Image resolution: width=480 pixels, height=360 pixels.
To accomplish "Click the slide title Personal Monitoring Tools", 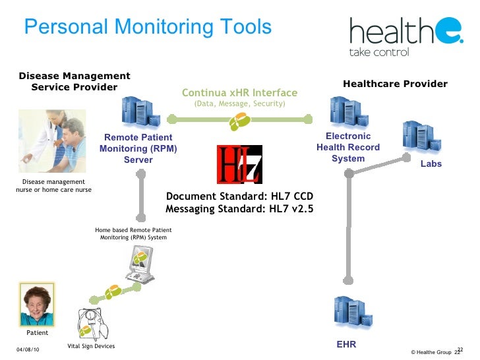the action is click(x=148, y=27).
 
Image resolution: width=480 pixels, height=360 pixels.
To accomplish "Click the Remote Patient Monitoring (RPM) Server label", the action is click(x=138, y=148).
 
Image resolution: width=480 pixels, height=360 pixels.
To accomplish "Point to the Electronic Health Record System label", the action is click(x=348, y=148).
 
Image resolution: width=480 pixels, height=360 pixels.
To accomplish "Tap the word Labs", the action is click(x=431, y=164).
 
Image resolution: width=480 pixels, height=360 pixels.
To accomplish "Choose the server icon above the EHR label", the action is click(x=347, y=315).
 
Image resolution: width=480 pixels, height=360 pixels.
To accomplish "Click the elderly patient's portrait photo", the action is click(x=38, y=305).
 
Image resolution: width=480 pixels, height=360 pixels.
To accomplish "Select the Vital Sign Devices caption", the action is click(x=91, y=346).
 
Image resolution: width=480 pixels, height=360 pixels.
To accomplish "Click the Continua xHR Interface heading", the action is click(x=239, y=93).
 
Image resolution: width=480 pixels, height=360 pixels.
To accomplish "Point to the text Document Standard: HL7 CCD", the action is click(x=239, y=196).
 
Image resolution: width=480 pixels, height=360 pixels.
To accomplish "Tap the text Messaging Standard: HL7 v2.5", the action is click(x=239, y=209).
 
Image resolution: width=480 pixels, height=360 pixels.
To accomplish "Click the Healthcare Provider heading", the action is click(x=395, y=84).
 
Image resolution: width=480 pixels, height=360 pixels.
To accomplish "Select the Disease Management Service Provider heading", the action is click(x=75, y=82).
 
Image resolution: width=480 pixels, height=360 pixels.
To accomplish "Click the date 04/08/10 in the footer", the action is click(x=28, y=349).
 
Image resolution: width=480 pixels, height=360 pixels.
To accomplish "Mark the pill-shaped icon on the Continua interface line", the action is click(x=239, y=121).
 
